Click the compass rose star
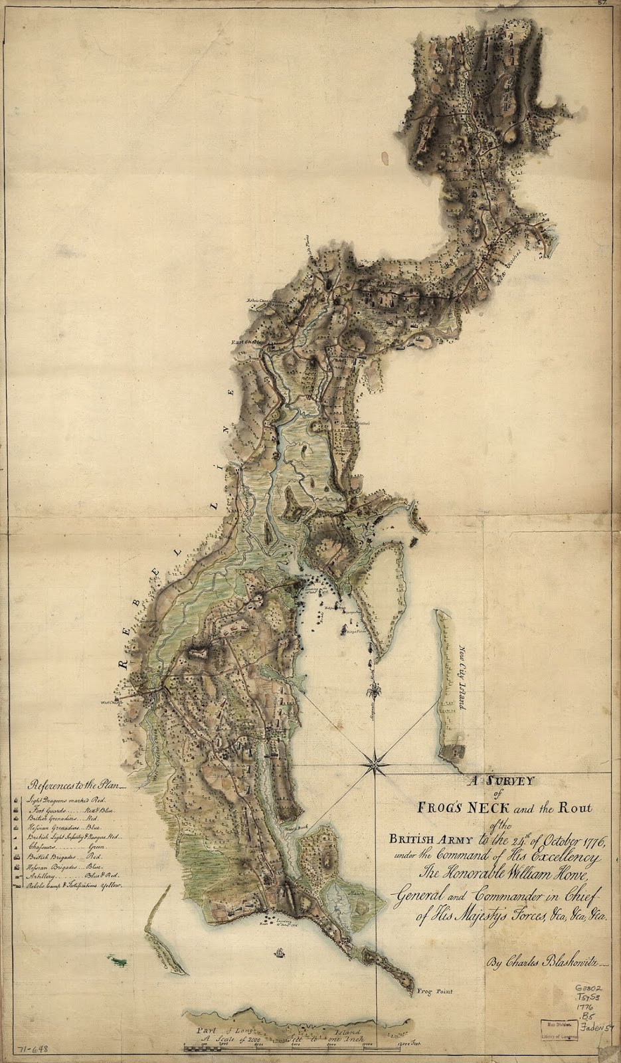click(375, 765)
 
